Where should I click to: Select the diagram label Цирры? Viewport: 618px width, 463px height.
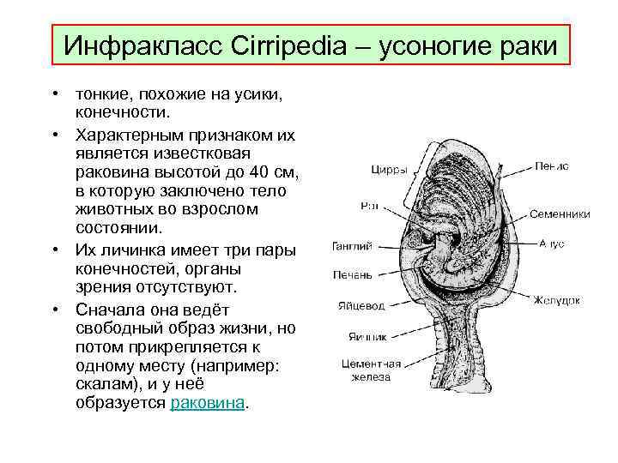[x=389, y=170]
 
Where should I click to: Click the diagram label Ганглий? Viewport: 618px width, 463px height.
[x=352, y=247]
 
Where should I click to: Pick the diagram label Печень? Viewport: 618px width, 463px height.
[x=353, y=275]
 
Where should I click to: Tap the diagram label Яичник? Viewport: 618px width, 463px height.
[x=367, y=336]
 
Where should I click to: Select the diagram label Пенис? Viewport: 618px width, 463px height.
[x=551, y=165]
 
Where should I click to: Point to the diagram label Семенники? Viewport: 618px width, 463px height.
[x=560, y=213]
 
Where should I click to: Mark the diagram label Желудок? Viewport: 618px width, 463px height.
[x=557, y=300]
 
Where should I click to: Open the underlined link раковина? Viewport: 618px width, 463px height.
[x=208, y=402]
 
